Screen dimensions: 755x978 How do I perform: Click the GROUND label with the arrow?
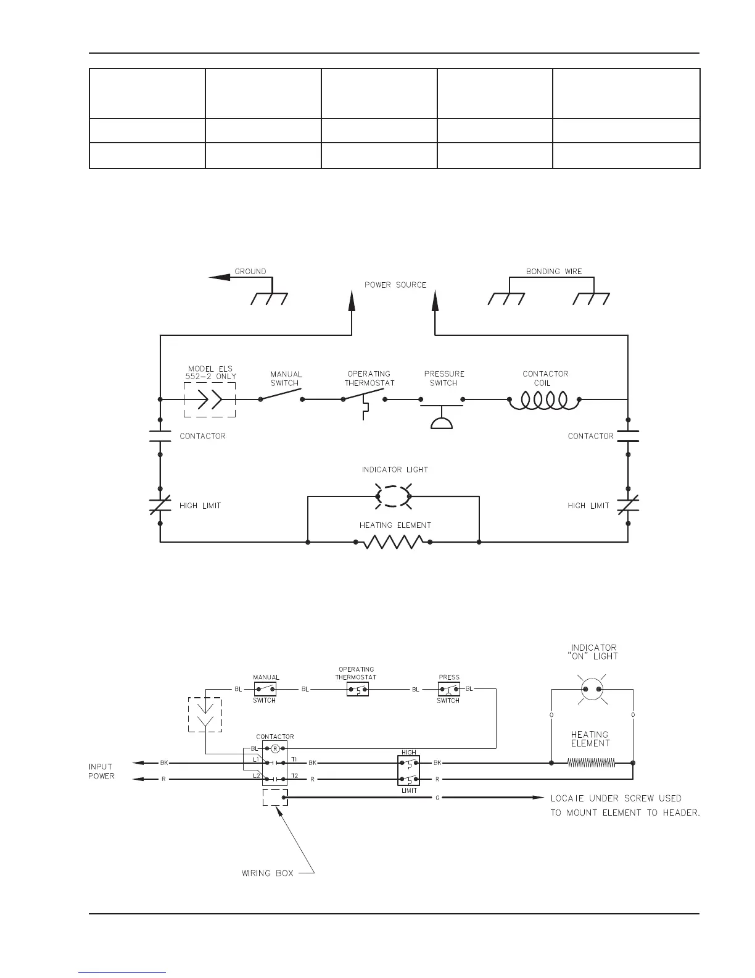coord(250,271)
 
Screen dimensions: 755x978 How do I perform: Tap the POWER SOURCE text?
coord(395,285)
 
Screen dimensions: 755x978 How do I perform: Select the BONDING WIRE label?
coord(553,271)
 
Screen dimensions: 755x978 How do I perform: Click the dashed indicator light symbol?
coord(393,496)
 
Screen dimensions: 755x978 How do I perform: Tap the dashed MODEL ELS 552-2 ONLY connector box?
coord(210,399)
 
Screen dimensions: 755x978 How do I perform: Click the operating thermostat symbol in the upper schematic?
coord(364,401)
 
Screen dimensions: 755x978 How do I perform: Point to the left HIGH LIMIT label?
coord(200,506)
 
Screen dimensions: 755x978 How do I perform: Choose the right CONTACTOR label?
coord(590,436)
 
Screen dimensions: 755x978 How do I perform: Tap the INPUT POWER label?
coord(101,771)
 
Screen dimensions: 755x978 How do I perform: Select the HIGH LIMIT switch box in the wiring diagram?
coord(409,771)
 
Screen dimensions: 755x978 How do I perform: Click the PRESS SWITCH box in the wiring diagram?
coord(448,689)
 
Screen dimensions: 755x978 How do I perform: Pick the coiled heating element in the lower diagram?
coord(591,763)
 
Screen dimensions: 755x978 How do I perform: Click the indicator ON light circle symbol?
coord(591,689)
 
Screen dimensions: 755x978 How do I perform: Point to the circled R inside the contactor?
coord(275,748)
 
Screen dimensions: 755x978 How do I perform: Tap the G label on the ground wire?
coord(437,798)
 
